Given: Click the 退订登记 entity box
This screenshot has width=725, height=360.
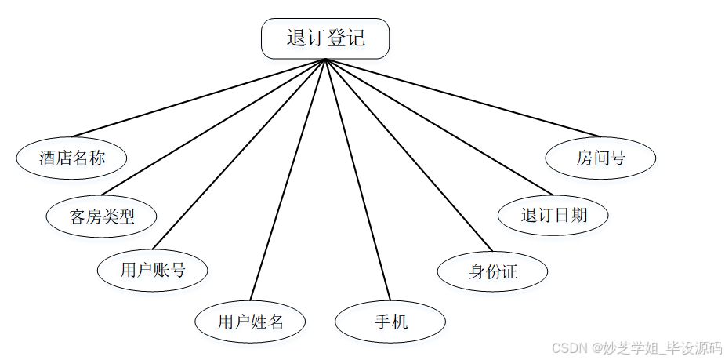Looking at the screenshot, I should (x=325, y=38).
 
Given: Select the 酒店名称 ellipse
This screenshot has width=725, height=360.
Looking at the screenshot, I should (x=71, y=158).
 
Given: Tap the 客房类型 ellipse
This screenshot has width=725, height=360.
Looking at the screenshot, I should (x=102, y=216).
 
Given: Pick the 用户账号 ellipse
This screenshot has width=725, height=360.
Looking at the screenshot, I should (x=153, y=271).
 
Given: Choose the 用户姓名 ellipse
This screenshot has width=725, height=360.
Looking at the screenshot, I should (x=250, y=321).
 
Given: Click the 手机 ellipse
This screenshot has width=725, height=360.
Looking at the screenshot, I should (x=390, y=322).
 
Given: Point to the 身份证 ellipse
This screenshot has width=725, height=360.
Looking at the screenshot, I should (x=492, y=272).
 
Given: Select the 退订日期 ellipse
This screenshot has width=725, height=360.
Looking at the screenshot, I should (x=553, y=215).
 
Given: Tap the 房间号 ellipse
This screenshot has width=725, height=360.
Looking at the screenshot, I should (x=600, y=158).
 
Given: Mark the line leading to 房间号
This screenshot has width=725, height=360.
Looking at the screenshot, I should (x=462, y=97).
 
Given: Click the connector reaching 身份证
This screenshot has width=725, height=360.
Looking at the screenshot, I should (x=408, y=155).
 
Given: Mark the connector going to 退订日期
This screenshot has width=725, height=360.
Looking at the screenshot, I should (x=439, y=127).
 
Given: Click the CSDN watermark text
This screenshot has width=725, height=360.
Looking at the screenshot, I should (x=636, y=347).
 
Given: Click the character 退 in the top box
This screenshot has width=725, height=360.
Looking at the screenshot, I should (x=296, y=38).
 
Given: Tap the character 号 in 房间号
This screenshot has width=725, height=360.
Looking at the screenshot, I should (x=618, y=158).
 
